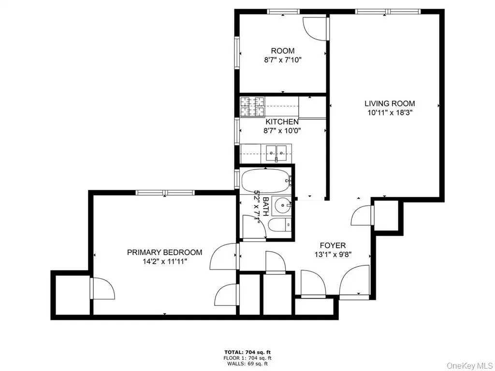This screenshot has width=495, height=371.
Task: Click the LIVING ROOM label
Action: point(390,103)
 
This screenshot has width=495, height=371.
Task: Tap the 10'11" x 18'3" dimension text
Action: point(390,113)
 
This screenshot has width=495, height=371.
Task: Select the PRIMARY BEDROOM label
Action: point(164,252)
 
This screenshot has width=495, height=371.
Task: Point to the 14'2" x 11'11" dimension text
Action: point(164,261)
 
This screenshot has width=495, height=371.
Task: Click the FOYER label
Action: point(333,245)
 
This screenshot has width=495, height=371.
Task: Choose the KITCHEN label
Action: point(282,122)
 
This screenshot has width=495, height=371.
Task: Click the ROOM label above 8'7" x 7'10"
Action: point(282,51)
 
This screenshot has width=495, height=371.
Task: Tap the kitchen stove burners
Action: point(252,107)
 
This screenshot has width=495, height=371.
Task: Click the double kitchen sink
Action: point(276,153)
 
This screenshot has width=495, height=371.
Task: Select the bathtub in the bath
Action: point(265,181)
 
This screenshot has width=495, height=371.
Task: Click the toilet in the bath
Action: point(280,225)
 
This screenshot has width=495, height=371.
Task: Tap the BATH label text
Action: point(265,206)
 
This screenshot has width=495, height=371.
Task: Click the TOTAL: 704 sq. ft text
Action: point(247,352)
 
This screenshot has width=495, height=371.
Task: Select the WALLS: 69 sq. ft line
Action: point(247,364)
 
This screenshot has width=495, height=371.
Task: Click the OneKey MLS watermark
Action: point(470,366)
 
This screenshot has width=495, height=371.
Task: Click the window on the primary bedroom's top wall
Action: point(165,192)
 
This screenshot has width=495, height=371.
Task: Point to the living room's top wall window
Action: point(388,12)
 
